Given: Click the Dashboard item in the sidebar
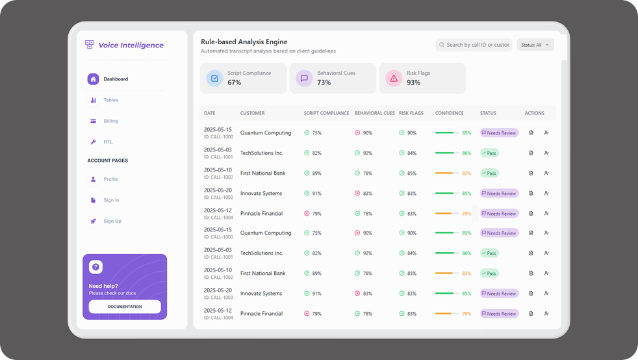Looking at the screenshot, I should pyautogui.click(x=116, y=79).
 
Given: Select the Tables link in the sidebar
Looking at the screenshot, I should pyautogui.click(x=110, y=100).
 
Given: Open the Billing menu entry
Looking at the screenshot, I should pyautogui.click(x=110, y=121).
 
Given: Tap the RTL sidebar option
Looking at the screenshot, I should pyautogui.click(x=108, y=142).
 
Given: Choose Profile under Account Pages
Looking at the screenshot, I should pyautogui.click(x=110, y=179).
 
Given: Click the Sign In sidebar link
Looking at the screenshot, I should pyautogui.click(x=111, y=200).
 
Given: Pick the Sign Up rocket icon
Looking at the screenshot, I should pyautogui.click(x=94, y=221).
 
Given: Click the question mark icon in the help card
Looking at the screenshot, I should pyautogui.click(x=96, y=267).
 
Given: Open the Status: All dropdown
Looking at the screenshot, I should pyautogui.click(x=535, y=45).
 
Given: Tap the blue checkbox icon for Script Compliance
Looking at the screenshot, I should pyautogui.click(x=214, y=79).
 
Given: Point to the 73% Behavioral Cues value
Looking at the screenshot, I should pyautogui.click(x=324, y=83).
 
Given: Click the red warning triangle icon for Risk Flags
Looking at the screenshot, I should pyautogui.click(x=393, y=79).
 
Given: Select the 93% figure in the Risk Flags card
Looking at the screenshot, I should pyautogui.click(x=413, y=83).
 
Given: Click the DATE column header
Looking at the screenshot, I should pyautogui.click(x=209, y=113).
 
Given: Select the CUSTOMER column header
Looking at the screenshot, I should pyautogui.click(x=252, y=113).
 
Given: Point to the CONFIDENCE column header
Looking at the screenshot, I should pyautogui.click(x=449, y=113).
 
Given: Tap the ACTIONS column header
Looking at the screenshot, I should pyautogui.click(x=534, y=113).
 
